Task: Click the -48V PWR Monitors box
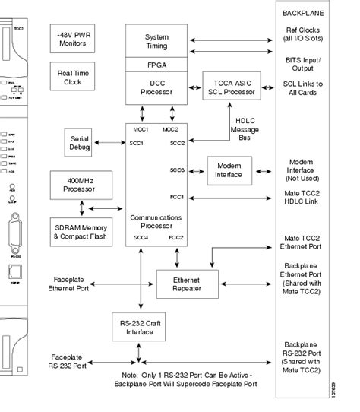73,39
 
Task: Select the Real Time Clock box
73,77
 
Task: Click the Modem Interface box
229,170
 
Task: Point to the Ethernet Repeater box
187,283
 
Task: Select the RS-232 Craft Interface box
140,327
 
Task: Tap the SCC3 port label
177,170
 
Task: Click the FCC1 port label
177,198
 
